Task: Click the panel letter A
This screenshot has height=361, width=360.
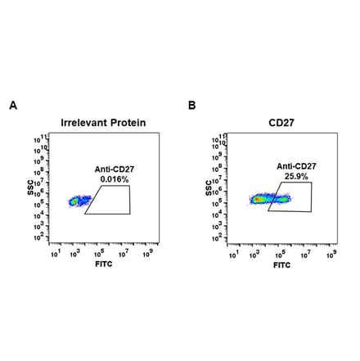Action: [12, 106]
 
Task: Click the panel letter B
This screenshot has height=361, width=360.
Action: [191, 106]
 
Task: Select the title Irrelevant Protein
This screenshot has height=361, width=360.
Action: [103, 123]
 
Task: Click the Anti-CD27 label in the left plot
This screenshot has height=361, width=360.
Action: [109, 169]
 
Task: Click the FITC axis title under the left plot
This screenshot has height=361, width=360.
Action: [103, 266]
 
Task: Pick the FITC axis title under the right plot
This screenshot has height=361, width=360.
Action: [281, 266]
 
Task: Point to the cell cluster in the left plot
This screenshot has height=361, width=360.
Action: [78, 200]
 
